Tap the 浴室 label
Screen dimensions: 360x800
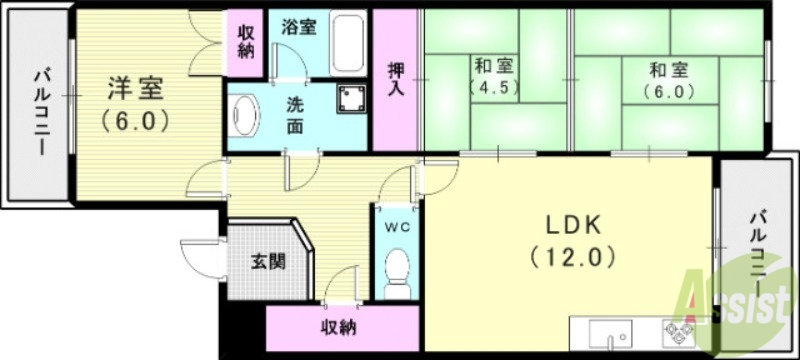pyautogui.click(x=299, y=27)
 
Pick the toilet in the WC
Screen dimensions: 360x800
pyautogui.click(x=397, y=270)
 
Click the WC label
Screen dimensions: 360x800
pyautogui.click(x=397, y=226)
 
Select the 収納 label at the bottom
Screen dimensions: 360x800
pyautogui.click(x=341, y=327)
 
